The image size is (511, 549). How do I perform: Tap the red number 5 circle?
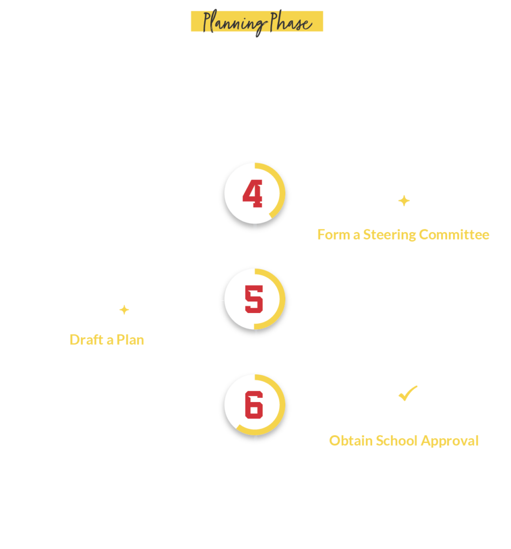click(x=253, y=299)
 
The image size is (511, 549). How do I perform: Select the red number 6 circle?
click(x=253, y=405)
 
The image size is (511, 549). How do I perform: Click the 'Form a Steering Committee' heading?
click(x=403, y=234)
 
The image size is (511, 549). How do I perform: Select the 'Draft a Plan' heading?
click(x=107, y=339)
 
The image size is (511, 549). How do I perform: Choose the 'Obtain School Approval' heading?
click(x=403, y=441)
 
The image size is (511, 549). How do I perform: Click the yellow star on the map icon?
click(x=124, y=309)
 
